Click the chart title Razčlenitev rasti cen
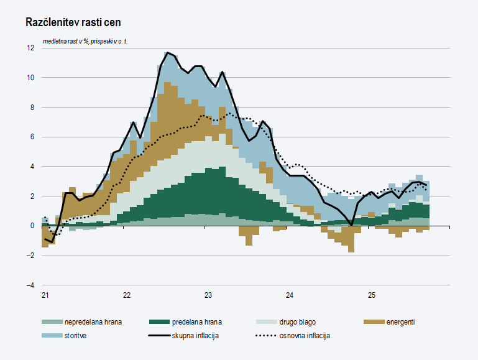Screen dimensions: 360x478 coord(73,22)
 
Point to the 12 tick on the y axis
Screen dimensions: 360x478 coord(30,48)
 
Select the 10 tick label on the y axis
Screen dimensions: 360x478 coord(30,78)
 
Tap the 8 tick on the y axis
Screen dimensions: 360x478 coord(32,107)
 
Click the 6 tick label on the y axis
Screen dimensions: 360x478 coord(32,137)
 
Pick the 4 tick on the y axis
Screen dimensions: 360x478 coord(32,167)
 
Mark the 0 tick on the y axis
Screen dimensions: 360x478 coord(32,226)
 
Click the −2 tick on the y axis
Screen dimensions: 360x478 coord(30,256)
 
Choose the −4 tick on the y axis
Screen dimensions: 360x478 coord(30,285)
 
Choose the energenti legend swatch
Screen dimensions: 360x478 coord(374,322)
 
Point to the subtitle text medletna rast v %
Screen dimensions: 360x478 coord(66,41)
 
